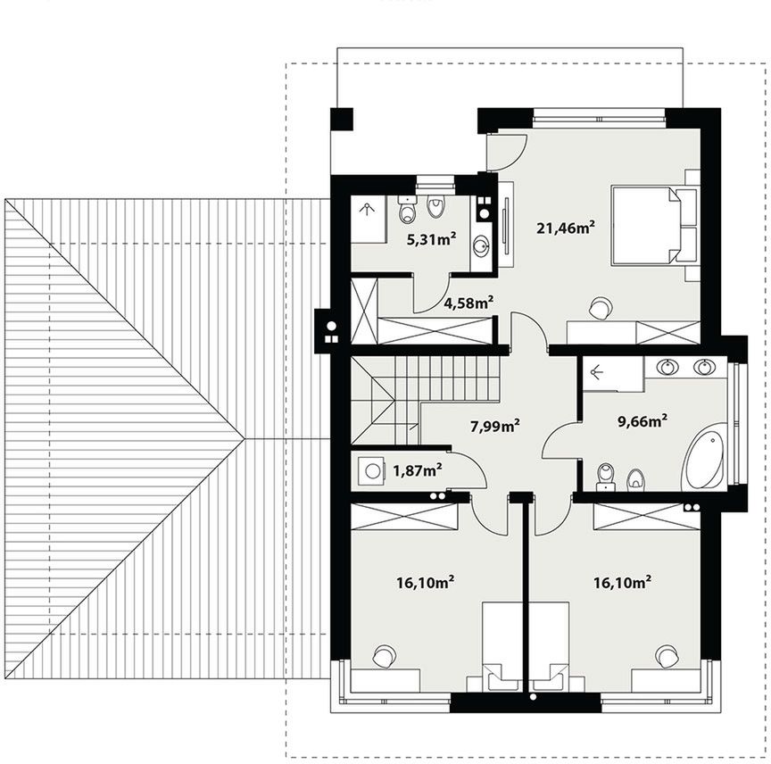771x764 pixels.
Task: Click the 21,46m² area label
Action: (566, 228)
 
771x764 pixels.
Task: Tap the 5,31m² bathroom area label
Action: (431, 239)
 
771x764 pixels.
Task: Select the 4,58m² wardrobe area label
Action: (468, 303)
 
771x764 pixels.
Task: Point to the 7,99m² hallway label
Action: (495, 426)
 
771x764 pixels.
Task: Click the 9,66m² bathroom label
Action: (642, 421)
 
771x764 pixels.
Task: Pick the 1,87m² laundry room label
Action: (417, 470)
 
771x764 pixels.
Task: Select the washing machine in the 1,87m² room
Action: (371, 470)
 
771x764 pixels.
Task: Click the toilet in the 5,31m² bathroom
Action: (408, 210)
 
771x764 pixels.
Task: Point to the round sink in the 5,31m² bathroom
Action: (481, 245)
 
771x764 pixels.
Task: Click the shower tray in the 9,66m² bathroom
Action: (613, 374)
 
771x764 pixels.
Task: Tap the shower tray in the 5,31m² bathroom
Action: (369, 219)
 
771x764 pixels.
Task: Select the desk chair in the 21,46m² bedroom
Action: (600, 309)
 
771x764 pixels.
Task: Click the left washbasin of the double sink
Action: (667, 367)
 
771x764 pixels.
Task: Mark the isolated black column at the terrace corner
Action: (342, 119)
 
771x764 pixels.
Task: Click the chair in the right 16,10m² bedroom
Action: (667, 656)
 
